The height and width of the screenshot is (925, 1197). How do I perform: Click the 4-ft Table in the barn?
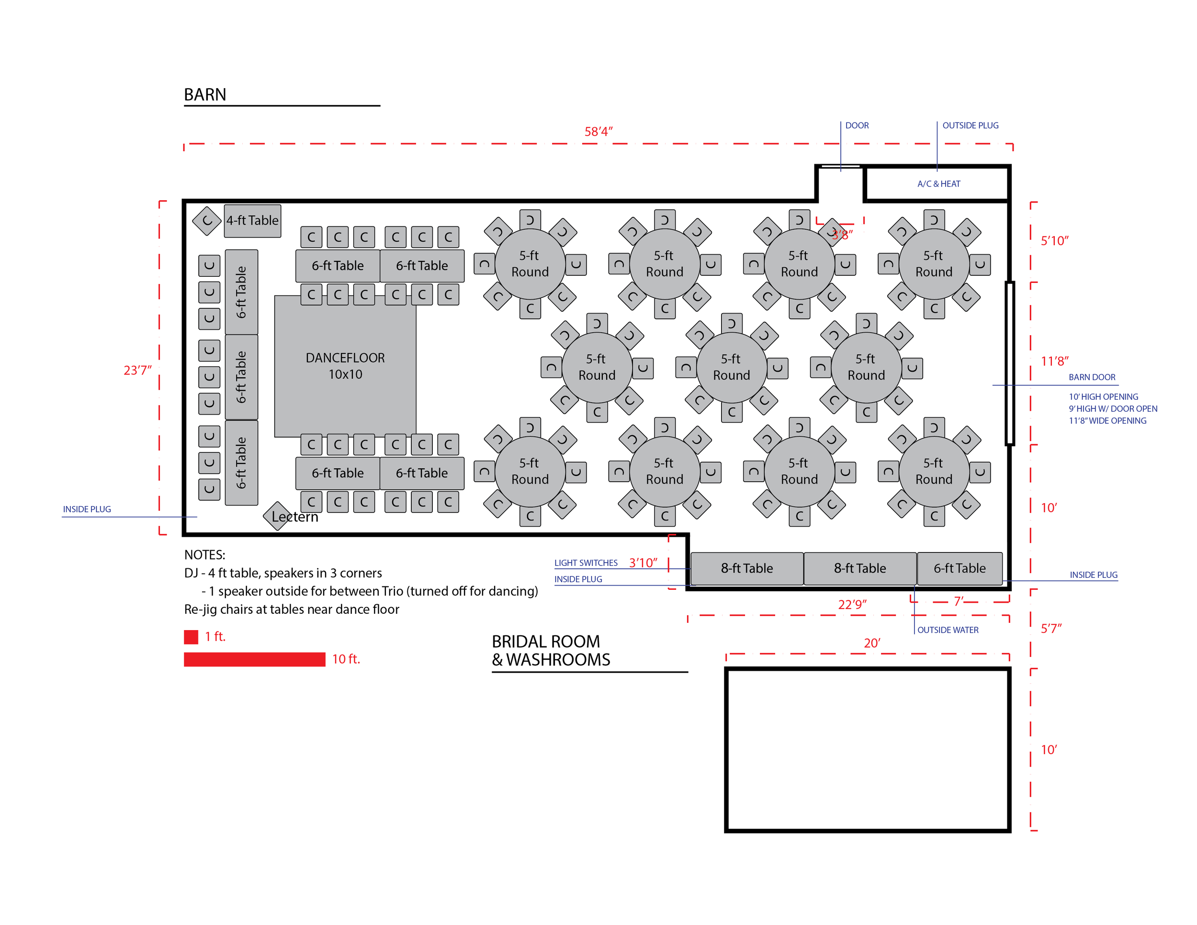252,221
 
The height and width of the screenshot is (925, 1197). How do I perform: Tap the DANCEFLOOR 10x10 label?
345,365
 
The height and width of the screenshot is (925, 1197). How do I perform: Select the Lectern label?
295,517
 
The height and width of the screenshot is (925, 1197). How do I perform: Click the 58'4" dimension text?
598,132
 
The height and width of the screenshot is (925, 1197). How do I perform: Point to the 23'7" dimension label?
137,371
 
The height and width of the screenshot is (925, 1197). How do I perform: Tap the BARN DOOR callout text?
1091,377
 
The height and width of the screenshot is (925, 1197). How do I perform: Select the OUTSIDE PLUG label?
970,125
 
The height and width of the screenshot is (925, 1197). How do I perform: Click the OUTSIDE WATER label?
948,630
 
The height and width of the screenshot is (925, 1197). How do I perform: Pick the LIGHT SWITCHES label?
586,563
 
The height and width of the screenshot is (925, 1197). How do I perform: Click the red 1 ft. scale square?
191,637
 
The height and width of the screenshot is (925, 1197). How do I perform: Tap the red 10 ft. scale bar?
254,659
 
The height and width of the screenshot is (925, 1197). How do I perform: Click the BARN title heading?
205,95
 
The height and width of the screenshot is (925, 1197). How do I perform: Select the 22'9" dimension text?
852,604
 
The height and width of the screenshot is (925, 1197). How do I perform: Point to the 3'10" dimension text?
643,563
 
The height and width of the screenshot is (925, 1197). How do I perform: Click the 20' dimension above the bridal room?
871,643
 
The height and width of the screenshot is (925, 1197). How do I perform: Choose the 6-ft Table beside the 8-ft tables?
959,568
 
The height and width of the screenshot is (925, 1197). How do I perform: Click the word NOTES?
204,554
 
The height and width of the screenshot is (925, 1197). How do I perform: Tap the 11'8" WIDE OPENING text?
1107,421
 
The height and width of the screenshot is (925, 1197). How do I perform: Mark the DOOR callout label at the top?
857,125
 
